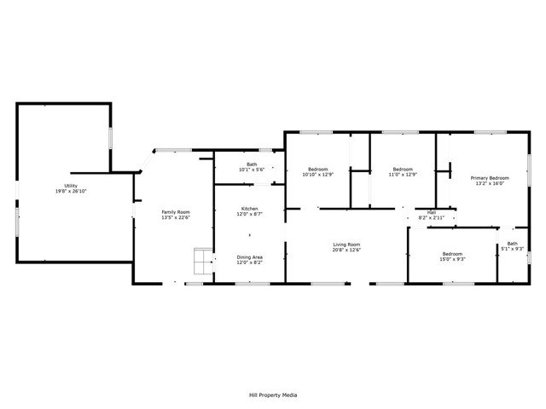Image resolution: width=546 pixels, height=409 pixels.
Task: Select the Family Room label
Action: (x=177, y=211)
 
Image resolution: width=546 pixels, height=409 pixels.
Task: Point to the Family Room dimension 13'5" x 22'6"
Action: (x=177, y=217)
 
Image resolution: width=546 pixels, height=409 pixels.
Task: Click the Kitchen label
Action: (x=249, y=209)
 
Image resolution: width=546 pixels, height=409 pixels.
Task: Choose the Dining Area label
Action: (x=249, y=257)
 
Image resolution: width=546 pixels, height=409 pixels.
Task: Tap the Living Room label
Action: (x=346, y=245)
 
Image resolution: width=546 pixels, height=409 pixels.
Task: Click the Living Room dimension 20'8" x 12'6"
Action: (x=346, y=251)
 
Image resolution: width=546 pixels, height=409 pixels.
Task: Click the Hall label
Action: (x=431, y=212)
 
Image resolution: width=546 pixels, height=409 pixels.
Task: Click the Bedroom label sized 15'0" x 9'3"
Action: (x=452, y=253)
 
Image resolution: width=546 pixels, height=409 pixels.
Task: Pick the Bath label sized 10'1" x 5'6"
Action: (x=252, y=164)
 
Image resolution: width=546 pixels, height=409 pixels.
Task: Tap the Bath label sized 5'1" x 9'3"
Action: (x=512, y=244)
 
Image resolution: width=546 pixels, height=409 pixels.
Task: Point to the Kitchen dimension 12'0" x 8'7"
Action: (x=249, y=215)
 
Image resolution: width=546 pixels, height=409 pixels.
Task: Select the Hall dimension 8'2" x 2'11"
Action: (x=431, y=217)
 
